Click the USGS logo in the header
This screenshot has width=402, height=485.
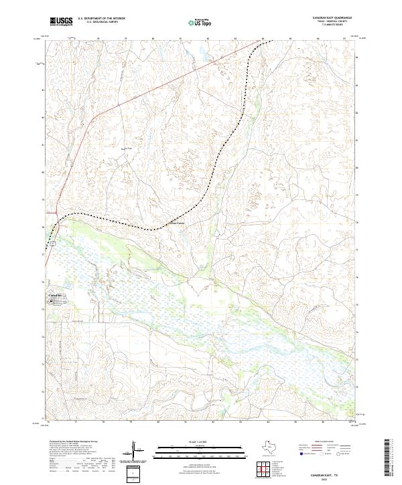click(x=61, y=21)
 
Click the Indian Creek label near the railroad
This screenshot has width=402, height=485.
click(x=175, y=223)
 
